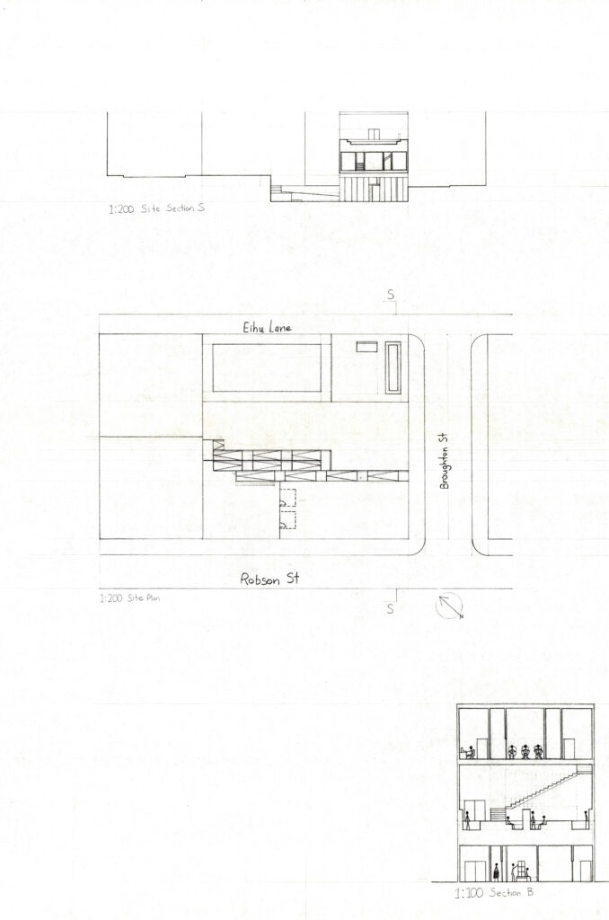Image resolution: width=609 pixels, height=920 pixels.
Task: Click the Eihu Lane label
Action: pos(267,327)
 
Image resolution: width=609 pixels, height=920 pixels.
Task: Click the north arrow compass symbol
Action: pos(449,606)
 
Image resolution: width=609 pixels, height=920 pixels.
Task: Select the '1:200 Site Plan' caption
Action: pos(129,598)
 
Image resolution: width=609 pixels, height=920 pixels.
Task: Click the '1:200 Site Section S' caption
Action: pos(156,208)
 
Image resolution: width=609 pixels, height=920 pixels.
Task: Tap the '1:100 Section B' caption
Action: pos(494,894)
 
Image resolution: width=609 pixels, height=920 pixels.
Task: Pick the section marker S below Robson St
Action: pos(391,609)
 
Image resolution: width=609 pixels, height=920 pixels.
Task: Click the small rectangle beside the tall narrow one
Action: pos(366,347)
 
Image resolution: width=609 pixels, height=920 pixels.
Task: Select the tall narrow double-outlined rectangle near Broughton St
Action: pos(393,368)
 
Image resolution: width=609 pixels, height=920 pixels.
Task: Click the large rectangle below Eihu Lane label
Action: pos(267,367)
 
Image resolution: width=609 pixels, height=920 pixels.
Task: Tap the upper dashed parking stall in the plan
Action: pos(287,497)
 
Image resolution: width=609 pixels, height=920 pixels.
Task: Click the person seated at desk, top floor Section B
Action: pos(469,752)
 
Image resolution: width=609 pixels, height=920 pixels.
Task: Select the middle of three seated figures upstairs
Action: pos(525,752)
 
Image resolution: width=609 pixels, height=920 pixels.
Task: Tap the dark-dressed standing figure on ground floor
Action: pos(497,871)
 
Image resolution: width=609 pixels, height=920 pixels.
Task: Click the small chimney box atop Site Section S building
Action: pos(374,135)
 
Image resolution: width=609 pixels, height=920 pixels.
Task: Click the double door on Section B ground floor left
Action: pos(474,871)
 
